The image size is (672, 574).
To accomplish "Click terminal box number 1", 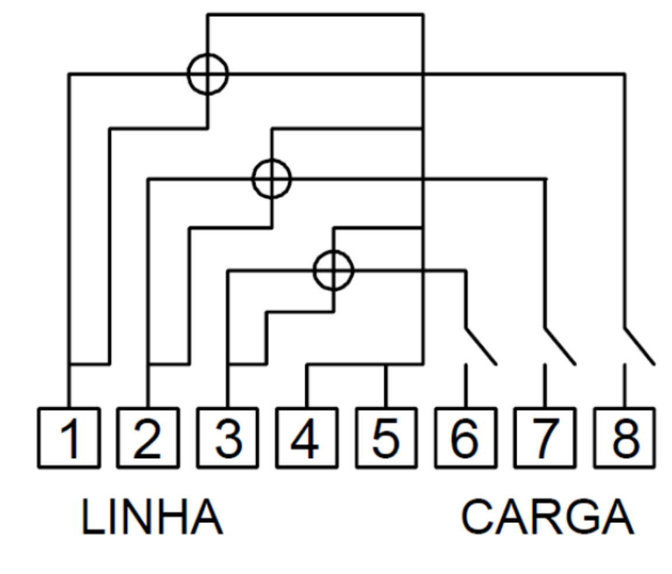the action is pos(69,438).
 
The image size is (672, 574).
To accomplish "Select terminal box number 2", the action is pos(148,438).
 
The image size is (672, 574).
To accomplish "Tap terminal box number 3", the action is pos(228,438).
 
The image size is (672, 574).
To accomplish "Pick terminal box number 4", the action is pos(307,438).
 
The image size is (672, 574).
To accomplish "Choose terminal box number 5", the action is pos(386,438).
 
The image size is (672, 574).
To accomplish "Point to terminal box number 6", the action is pos(466,438).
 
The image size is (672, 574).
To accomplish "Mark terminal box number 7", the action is pos(545,438).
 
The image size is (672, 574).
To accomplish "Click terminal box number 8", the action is pos(625,438).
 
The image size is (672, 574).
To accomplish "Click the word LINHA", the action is pos(152,517).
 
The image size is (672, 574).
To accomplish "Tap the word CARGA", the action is pos(547,517).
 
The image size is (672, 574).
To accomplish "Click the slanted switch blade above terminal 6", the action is pos(481,347).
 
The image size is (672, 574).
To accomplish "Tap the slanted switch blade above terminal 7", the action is pos(561,347).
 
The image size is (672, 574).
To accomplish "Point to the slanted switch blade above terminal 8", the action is pos(640,347).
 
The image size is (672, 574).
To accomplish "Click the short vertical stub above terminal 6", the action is pos(466,386).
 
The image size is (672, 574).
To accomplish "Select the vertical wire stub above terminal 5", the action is pos(386,386).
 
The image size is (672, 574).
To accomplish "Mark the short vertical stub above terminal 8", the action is pos(625,386).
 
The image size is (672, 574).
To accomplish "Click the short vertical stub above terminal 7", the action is pos(545,386).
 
